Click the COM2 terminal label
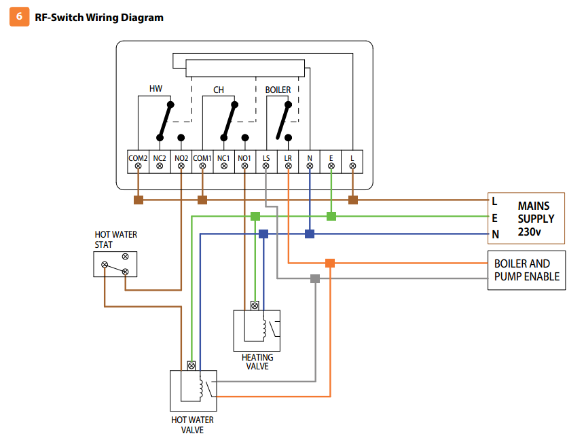coord(138,158)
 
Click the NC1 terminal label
coord(223,158)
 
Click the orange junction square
coord(330,263)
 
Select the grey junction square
coord(315,278)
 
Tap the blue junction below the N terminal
coord(310,234)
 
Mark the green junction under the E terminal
coord(331,216)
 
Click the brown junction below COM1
coord(202,200)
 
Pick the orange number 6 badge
coord(18,17)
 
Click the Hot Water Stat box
coord(115,263)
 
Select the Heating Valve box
coord(257,329)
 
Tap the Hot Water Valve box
coord(193,390)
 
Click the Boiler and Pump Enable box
coord(526,270)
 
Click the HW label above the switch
coord(155,89)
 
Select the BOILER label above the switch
coord(278,90)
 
